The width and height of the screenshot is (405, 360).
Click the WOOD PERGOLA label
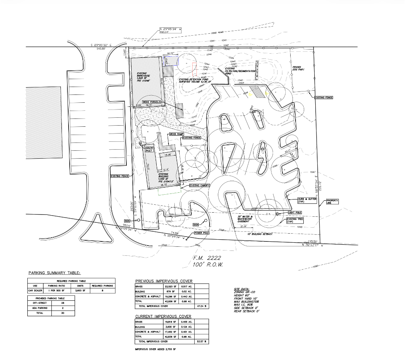(151, 102)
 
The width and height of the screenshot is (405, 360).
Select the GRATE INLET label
(150, 149)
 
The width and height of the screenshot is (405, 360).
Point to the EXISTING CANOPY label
(199, 185)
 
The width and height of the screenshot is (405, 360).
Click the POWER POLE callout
(201, 233)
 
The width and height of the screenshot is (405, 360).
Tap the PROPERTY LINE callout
(332, 201)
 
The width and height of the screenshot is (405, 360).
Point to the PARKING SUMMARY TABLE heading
(54, 273)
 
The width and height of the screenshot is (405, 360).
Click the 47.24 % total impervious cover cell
(203, 306)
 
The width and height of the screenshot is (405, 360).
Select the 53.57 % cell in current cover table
(203, 342)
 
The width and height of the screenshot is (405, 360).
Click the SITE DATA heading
(241, 289)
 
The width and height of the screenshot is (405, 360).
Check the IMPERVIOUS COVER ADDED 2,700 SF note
(155, 349)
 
